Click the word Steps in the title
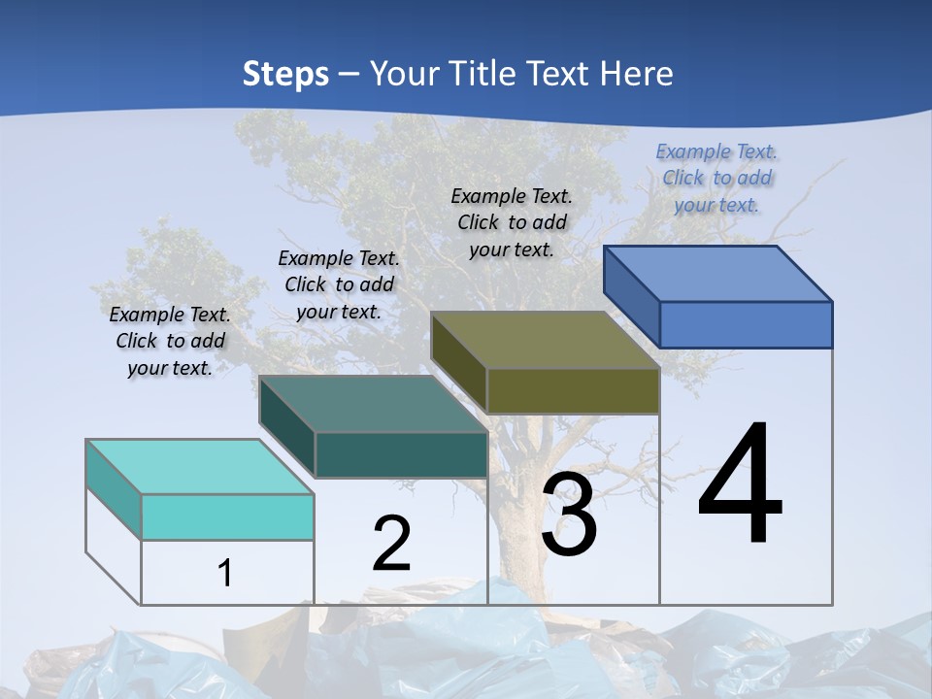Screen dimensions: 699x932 (285, 74)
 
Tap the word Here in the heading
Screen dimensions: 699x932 (637, 74)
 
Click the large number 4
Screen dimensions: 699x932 (740, 485)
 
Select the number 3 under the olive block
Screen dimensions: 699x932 (569, 516)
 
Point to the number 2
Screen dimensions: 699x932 (391, 544)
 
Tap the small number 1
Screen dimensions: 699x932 (225, 573)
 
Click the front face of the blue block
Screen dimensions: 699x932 (746, 324)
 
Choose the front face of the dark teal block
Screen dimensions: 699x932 (401, 455)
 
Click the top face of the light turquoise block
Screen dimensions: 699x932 (200, 466)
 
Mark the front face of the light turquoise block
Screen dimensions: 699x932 (227, 516)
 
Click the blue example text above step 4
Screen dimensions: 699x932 (716, 178)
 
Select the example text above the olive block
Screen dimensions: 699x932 (512, 222)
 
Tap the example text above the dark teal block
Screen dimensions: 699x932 (339, 284)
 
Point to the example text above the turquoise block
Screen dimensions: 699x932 (170, 341)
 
